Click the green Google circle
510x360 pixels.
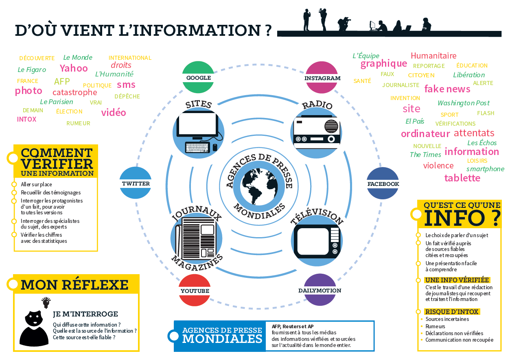click(199, 77)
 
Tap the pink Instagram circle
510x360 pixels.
click(322, 77)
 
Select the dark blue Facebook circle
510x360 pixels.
click(383, 183)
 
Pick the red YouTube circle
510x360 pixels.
click(195, 290)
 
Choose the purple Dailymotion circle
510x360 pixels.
click(320, 290)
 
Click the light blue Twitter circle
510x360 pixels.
click(136, 183)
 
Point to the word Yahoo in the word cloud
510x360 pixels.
click(74, 68)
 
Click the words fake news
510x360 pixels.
click(447, 89)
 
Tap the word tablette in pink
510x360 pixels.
click(462, 178)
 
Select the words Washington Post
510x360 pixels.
click(464, 103)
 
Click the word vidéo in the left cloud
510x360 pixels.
click(114, 112)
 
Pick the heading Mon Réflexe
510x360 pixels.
click(74, 284)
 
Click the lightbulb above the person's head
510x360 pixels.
click(46, 301)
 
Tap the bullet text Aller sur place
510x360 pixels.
click(37, 184)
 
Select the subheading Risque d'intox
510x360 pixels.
click(452, 312)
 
